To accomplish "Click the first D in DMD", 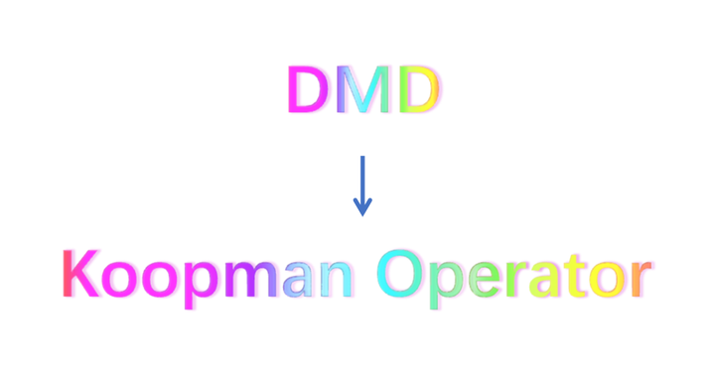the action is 307,90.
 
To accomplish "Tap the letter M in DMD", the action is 361,90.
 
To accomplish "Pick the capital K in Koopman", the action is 82,274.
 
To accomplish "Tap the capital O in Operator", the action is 406,274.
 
